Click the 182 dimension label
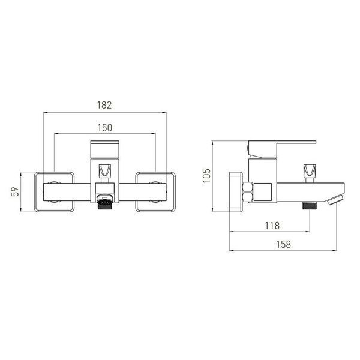pos(104,105)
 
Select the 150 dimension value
pos(105,128)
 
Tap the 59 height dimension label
pos(15,192)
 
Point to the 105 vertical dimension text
pos(206,176)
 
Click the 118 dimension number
pos(272,226)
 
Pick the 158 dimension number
pos(284,244)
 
